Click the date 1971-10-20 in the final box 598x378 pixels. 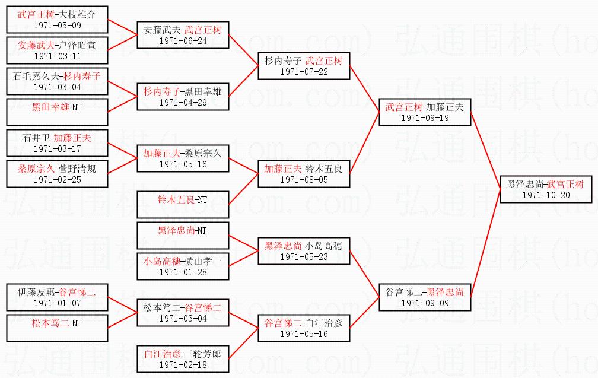[546, 195]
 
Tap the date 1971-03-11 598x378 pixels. [58, 56]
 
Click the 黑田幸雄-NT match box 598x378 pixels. [58, 113]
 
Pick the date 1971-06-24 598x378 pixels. [183, 41]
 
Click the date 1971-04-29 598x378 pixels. [183, 102]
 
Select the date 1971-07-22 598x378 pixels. [304, 72]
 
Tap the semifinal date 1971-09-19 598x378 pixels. [425, 117]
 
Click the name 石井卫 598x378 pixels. [36, 138]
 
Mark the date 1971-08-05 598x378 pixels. [304, 179]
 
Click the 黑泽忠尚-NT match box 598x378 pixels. [183, 236]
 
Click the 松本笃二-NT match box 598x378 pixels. [58, 329]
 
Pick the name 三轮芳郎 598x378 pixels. [204, 354]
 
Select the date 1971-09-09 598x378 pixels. [425, 303]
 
